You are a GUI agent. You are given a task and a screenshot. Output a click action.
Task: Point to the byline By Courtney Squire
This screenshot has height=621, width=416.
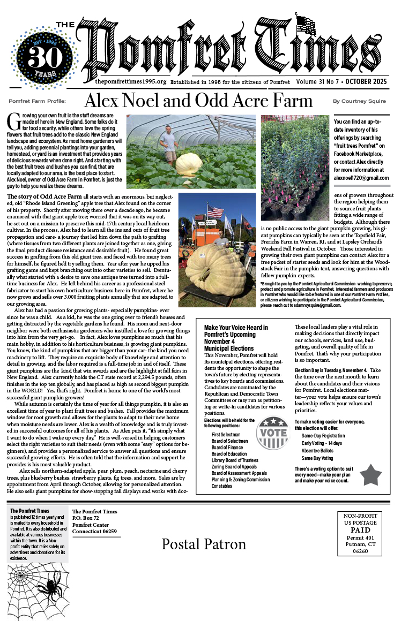359,101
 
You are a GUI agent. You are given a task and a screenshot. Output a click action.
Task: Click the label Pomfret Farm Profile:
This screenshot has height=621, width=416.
38,101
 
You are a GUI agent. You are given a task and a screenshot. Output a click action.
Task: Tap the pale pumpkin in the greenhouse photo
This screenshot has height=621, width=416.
189,164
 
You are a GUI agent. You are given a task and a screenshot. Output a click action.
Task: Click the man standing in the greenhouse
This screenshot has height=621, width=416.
170,144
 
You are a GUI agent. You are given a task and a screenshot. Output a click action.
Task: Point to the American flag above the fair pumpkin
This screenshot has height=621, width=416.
215,211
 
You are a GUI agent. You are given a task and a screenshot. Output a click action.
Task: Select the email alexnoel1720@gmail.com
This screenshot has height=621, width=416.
361,178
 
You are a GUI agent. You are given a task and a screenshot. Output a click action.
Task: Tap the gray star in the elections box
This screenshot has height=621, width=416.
370,475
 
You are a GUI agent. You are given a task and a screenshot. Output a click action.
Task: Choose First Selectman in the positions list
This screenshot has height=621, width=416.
226,434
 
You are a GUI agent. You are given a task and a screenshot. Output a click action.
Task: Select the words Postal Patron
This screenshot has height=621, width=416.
204,544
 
